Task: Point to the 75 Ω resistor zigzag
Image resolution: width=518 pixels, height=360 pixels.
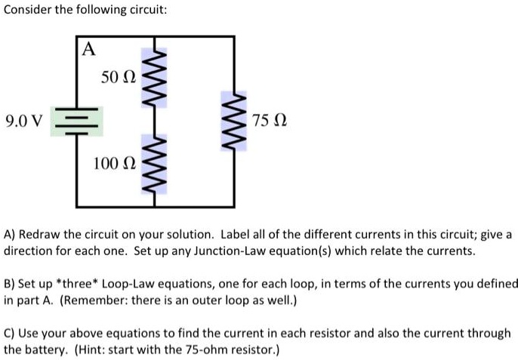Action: click(x=233, y=121)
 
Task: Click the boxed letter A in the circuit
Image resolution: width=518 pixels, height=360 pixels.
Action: click(x=89, y=50)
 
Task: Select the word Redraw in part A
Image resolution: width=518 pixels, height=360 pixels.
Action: click(x=41, y=235)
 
